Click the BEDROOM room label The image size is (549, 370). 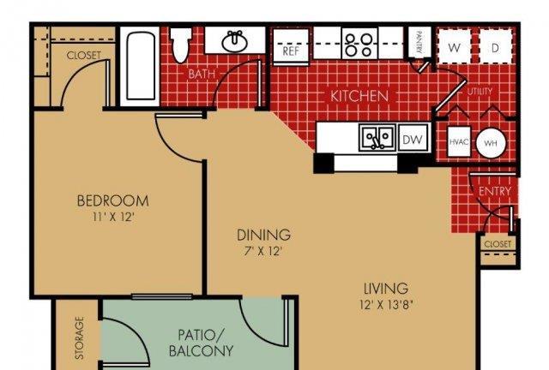pos(112,200)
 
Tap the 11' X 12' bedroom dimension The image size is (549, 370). pos(113,218)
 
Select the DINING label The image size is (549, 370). pos(263,235)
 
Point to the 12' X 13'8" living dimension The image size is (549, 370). pos(386,305)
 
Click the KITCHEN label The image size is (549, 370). pos(359,96)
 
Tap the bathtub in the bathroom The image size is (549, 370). pos(141,67)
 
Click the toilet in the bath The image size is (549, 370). pos(181,45)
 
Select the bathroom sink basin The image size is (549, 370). pos(234,41)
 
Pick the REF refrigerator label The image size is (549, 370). pos(291,51)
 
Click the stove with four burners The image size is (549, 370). pos(359,44)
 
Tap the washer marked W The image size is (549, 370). pos(454,46)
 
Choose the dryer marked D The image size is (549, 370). pos(496,46)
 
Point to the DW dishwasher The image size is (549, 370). pos(413,140)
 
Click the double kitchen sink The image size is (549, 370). pos(377,137)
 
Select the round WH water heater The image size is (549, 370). pos(491,143)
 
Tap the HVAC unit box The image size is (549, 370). pos(459,141)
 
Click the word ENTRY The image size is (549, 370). pos(495,191)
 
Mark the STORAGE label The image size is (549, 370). pos(80,337)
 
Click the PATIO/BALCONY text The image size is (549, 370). pos(201,343)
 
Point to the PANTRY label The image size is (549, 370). pos(419,42)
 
